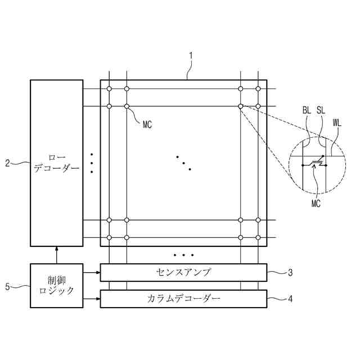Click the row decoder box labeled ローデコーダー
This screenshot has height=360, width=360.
coord(56,163)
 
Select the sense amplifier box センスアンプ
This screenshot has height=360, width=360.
coord(183,273)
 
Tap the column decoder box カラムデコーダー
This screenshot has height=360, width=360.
coord(183,298)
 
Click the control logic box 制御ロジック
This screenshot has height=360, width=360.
coord(56,285)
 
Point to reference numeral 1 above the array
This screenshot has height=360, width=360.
coord(191,56)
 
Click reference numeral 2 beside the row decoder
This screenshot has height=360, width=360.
coord(7,163)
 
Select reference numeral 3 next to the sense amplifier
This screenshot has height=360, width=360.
coord(290,273)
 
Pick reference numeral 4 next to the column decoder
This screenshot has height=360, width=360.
coord(290,299)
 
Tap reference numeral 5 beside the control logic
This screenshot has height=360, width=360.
coord(7,286)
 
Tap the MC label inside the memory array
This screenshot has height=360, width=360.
coord(147,124)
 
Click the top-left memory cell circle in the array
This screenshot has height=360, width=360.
coord(109,89)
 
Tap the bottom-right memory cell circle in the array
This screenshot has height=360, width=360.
coord(258,237)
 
